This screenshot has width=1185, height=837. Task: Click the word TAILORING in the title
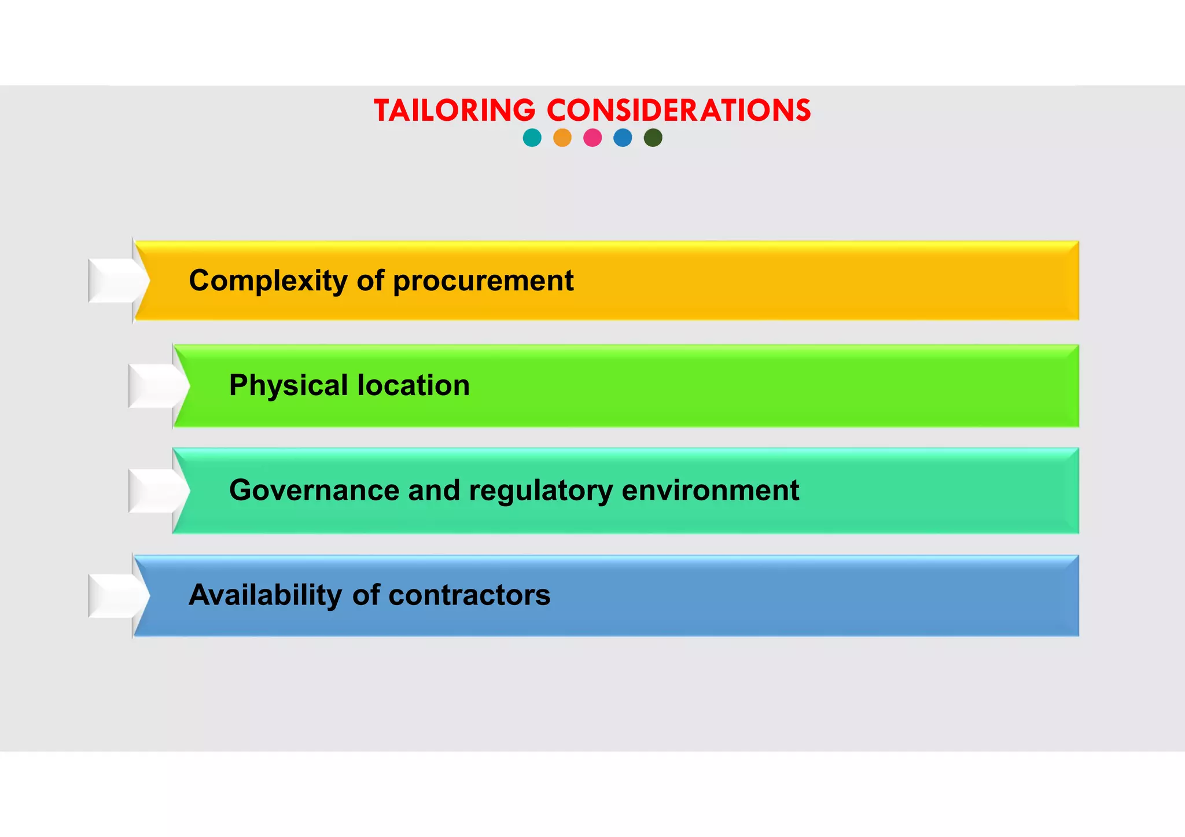pyautogui.click(x=455, y=110)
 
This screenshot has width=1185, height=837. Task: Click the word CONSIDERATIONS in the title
pyautogui.click(x=679, y=110)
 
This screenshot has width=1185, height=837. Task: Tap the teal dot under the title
pyautogui.click(x=532, y=138)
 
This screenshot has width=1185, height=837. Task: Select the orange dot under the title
pyautogui.click(x=562, y=138)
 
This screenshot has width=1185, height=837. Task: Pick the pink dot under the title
pyautogui.click(x=592, y=138)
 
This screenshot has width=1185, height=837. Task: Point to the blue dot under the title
pyautogui.click(x=623, y=138)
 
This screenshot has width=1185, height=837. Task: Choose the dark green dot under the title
pyautogui.click(x=653, y=138)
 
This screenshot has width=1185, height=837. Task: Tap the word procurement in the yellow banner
pyautogui.click(x=483, y=281)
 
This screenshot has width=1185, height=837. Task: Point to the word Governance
pyautogui.click(x=314, y=491)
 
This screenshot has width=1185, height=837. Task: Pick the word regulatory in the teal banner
pyautogui.click(x=540, y=491)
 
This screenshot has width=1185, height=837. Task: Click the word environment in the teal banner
pyautogui.click(x=710, y=491)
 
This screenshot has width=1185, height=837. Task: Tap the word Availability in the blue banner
pyautogui.click(x=266, y=595)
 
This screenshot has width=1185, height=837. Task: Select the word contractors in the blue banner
pyautogui.click(x=469, y=595)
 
